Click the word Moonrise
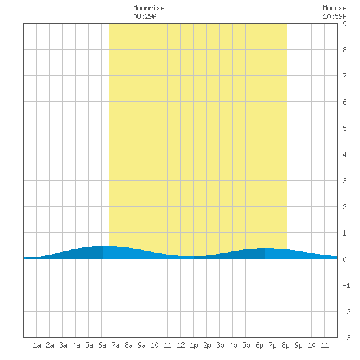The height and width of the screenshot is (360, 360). [149, 8]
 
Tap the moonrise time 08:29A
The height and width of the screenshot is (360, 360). [145, 16]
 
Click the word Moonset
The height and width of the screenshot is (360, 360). [336, 8]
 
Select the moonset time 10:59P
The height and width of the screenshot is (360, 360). [334, 16]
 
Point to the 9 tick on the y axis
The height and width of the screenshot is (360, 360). [344, 24]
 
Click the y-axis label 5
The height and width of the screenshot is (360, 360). [344, 128]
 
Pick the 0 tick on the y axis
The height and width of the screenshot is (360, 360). [344, 259]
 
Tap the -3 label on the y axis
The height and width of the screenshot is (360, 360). [346, 338]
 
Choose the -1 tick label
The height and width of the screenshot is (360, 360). [346, 285]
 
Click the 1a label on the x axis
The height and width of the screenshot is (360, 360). [37, 345]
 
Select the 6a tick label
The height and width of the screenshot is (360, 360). [102, 345]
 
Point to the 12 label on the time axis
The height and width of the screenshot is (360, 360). [181, 345]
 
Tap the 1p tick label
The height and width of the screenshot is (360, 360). [194, 346]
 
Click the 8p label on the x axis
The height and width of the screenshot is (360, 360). [285, 346]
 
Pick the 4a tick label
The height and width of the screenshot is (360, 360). [76, 345]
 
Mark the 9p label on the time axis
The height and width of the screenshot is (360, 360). [298, 346]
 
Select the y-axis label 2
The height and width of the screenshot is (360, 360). [344, 207]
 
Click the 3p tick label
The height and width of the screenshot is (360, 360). [220, 346]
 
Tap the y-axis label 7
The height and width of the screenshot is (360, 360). [344, 76]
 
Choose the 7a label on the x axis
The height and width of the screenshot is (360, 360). [115, 345]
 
